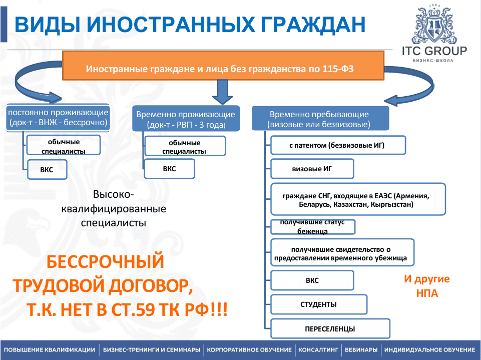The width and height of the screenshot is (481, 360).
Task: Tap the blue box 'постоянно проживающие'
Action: click(58, 118)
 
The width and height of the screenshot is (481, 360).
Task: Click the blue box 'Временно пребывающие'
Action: click(319, 119)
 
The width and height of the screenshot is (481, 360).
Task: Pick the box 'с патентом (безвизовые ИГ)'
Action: click(338, 146)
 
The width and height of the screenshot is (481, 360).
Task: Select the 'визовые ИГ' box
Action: click(312, 169)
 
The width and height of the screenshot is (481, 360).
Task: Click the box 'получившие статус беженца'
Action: click(313, 227)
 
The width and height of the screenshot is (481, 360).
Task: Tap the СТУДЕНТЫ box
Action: click(319, 304)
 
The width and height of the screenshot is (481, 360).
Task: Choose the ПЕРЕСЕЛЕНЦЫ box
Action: click(330, 329)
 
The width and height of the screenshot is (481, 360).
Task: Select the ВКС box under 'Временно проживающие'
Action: click(169, 169)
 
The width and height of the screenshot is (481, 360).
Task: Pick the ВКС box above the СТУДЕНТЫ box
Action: click(312, 280)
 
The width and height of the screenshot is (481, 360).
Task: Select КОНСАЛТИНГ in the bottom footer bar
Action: click(318, 349)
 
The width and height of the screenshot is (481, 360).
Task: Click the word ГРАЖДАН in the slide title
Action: click(304, 24)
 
